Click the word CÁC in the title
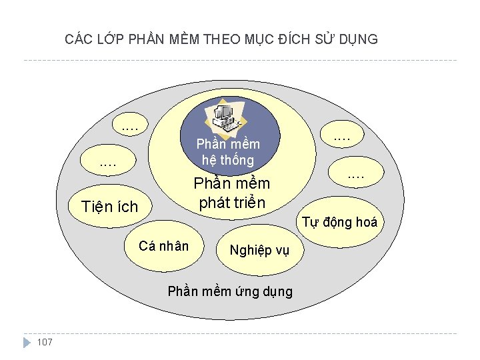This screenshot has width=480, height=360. [x=79, y=39]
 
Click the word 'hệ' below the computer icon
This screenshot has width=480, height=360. [x=210, y=160]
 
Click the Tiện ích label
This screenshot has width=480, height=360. [x=109, y=207]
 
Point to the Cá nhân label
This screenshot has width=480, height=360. [x=163, y=246]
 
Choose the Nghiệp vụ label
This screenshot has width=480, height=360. [x=259, y=250]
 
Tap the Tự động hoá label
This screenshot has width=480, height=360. [x=340, y=222]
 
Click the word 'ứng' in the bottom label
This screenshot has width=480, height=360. [x=249, y=291]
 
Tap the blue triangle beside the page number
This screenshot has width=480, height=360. [x=27, y=342]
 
